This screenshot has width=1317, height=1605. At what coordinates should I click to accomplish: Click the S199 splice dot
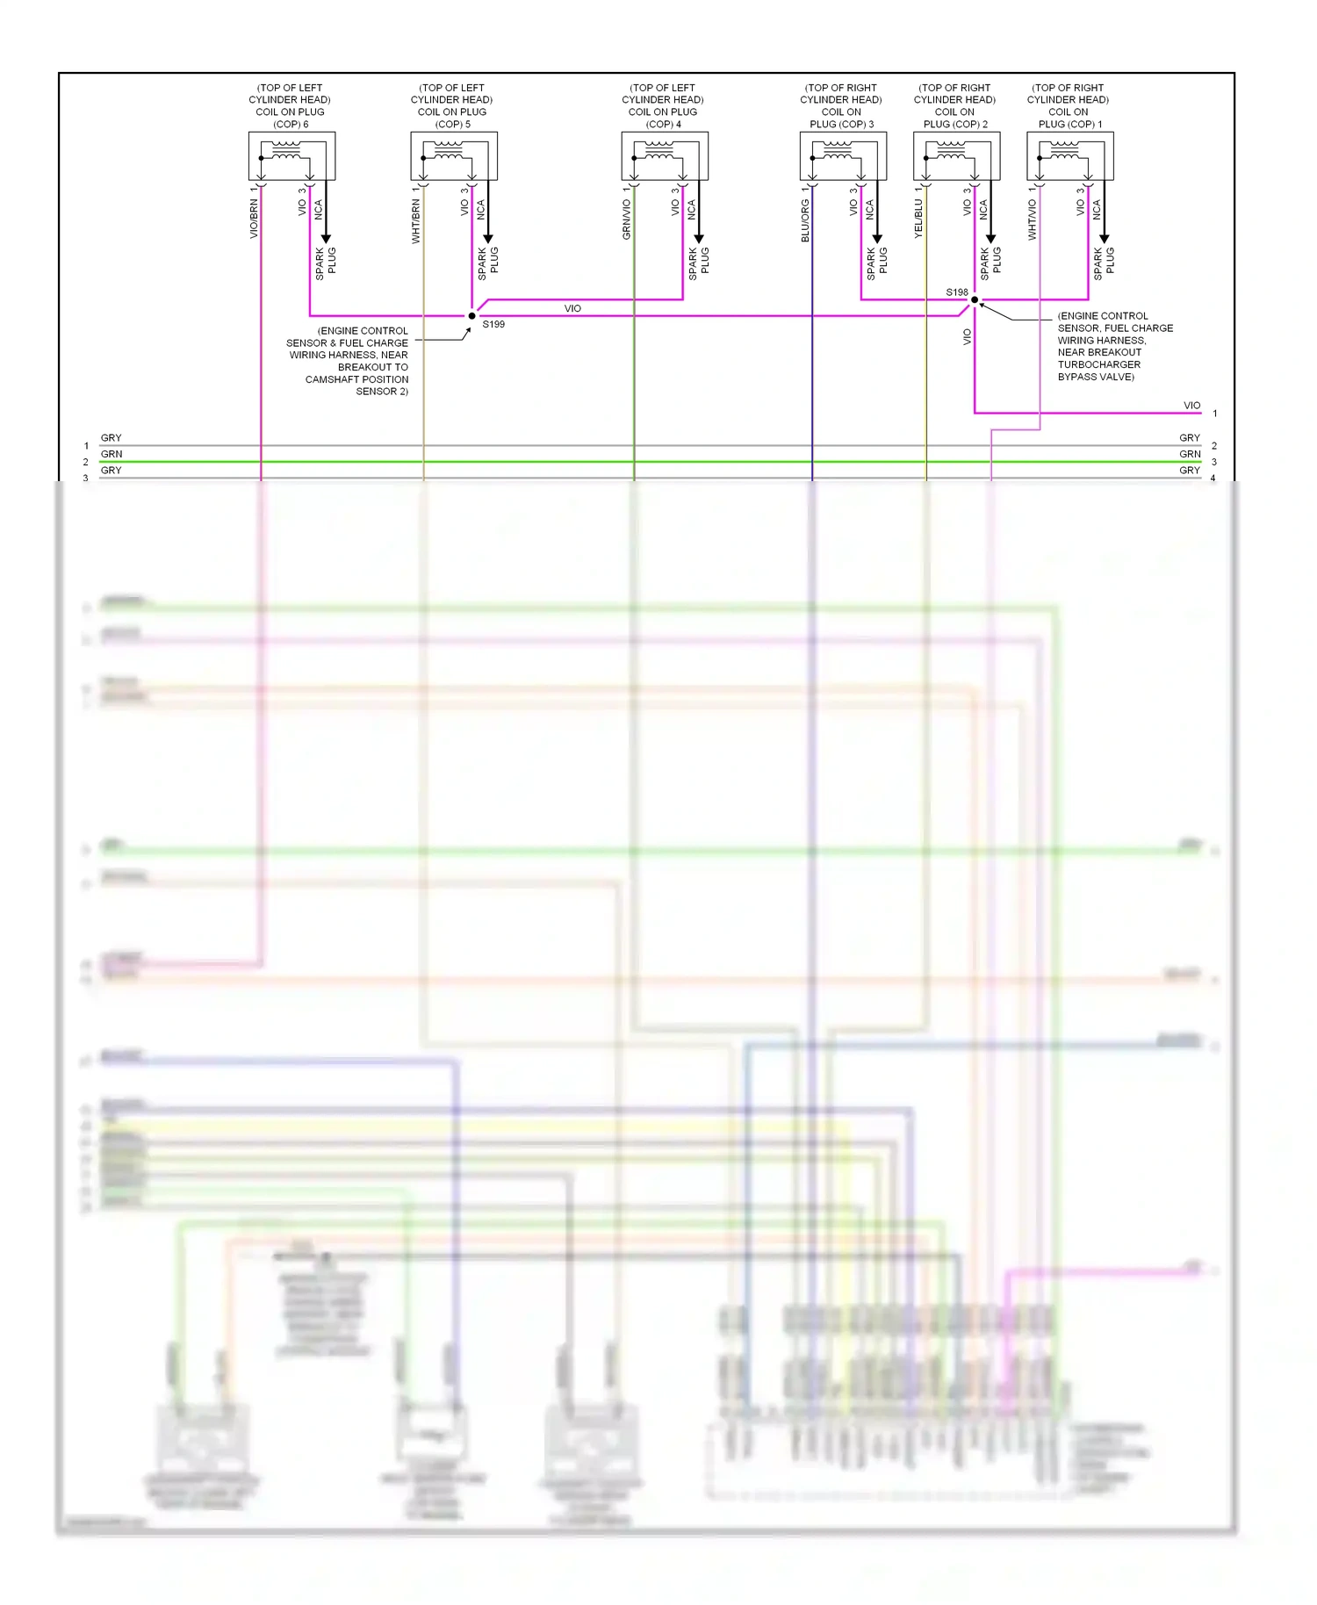tap(471, 316)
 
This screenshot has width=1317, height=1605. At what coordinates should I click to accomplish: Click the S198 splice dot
tap(975, 300)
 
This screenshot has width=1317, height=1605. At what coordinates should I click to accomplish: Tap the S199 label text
tap(493, 325)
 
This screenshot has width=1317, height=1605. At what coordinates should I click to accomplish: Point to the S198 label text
tap(956, 292)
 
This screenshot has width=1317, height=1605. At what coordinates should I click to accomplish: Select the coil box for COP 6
tap(291, 156)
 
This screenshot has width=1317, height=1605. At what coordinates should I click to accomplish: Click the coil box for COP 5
tap(454, 156)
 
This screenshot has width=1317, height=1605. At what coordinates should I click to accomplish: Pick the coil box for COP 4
tap(665, 156)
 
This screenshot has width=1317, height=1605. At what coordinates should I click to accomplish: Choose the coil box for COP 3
tap(843, 156)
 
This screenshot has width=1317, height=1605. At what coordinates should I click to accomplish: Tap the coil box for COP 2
tap(956, 156)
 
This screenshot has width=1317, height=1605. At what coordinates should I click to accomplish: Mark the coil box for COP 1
tap(1070, 156)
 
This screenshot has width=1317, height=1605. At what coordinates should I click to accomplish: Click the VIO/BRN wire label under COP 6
tap(254, 219)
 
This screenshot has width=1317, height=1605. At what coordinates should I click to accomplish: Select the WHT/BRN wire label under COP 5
tap(416, 221)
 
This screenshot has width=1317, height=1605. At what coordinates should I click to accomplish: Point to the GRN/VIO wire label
tap(627, 220)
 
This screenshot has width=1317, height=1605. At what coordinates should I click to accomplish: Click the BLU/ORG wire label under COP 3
tap(805, 220)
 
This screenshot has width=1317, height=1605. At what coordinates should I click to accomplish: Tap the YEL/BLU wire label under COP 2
tap(918, 220)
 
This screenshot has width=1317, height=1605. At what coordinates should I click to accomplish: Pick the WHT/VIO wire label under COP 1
tap(1033, 220)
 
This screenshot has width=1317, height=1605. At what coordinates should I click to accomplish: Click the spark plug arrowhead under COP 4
tap(699, 238)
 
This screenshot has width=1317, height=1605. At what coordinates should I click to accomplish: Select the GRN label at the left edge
tap(112, 455)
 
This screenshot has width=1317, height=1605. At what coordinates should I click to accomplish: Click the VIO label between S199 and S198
tap(572, 309)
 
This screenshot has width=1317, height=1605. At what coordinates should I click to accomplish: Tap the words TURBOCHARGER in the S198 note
tap(1098, 365)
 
